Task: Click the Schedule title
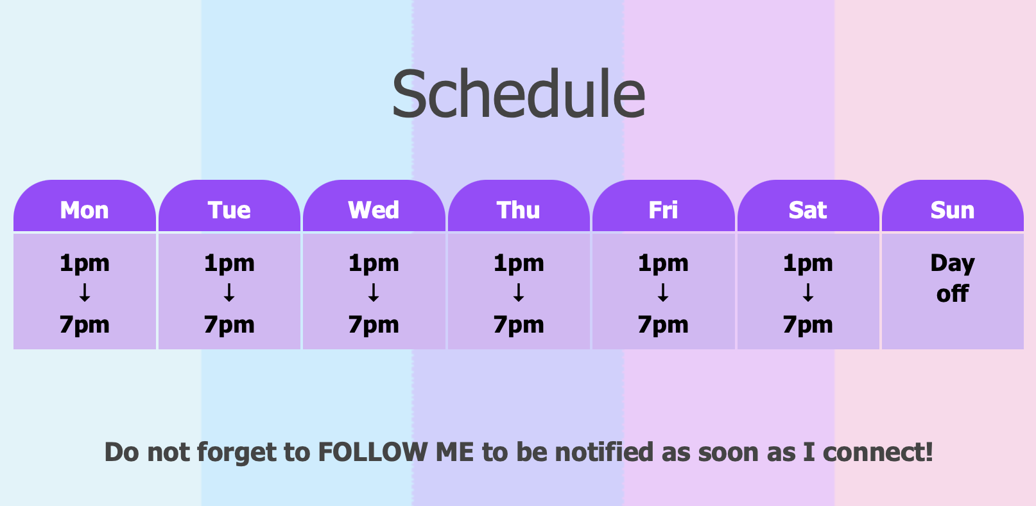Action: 519,93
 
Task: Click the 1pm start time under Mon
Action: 85,264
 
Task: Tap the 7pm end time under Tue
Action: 229,325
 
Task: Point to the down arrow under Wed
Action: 374,293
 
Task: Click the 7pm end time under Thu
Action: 519,325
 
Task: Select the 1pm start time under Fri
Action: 663,264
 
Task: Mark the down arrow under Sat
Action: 808,293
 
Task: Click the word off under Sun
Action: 953,293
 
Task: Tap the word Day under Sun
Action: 953,264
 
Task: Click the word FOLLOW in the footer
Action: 373,452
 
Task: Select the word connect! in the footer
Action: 878,452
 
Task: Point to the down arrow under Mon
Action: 85,293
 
